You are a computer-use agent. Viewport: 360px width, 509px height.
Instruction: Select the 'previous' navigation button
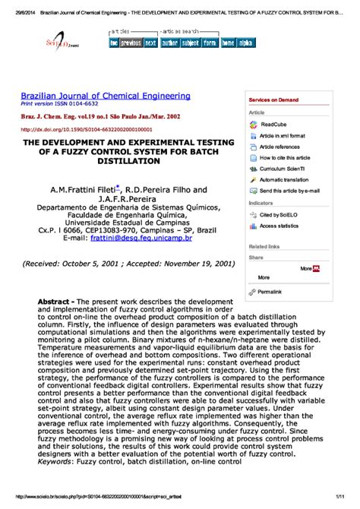pos(131,43)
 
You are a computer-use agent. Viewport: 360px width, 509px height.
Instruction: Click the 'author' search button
pos(169,43)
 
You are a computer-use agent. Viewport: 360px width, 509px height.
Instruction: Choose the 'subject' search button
pos(190,43)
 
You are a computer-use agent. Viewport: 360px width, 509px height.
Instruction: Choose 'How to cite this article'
pos(284,157)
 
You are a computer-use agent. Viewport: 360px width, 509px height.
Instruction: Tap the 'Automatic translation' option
pos(283,179)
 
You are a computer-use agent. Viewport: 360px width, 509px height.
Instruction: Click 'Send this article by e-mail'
pos(289,191)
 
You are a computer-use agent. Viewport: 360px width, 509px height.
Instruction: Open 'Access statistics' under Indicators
pos(279,226)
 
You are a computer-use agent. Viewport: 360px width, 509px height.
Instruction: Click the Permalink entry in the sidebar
pos(269,292)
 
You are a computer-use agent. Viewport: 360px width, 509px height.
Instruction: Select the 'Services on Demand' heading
pos(274,100)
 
